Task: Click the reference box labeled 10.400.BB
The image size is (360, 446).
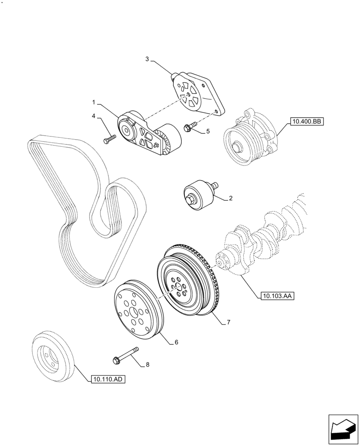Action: click(306, 120)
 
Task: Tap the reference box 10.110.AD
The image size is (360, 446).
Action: click(108, 380)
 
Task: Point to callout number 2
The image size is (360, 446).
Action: click(231, 198)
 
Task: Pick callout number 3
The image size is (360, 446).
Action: click(147, 58)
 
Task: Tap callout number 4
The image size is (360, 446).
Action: click(94, 116)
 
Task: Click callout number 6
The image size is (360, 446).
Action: click(176, 342)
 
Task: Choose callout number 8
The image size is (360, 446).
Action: click(147, 364)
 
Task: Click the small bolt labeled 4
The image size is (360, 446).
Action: click(109, 139)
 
